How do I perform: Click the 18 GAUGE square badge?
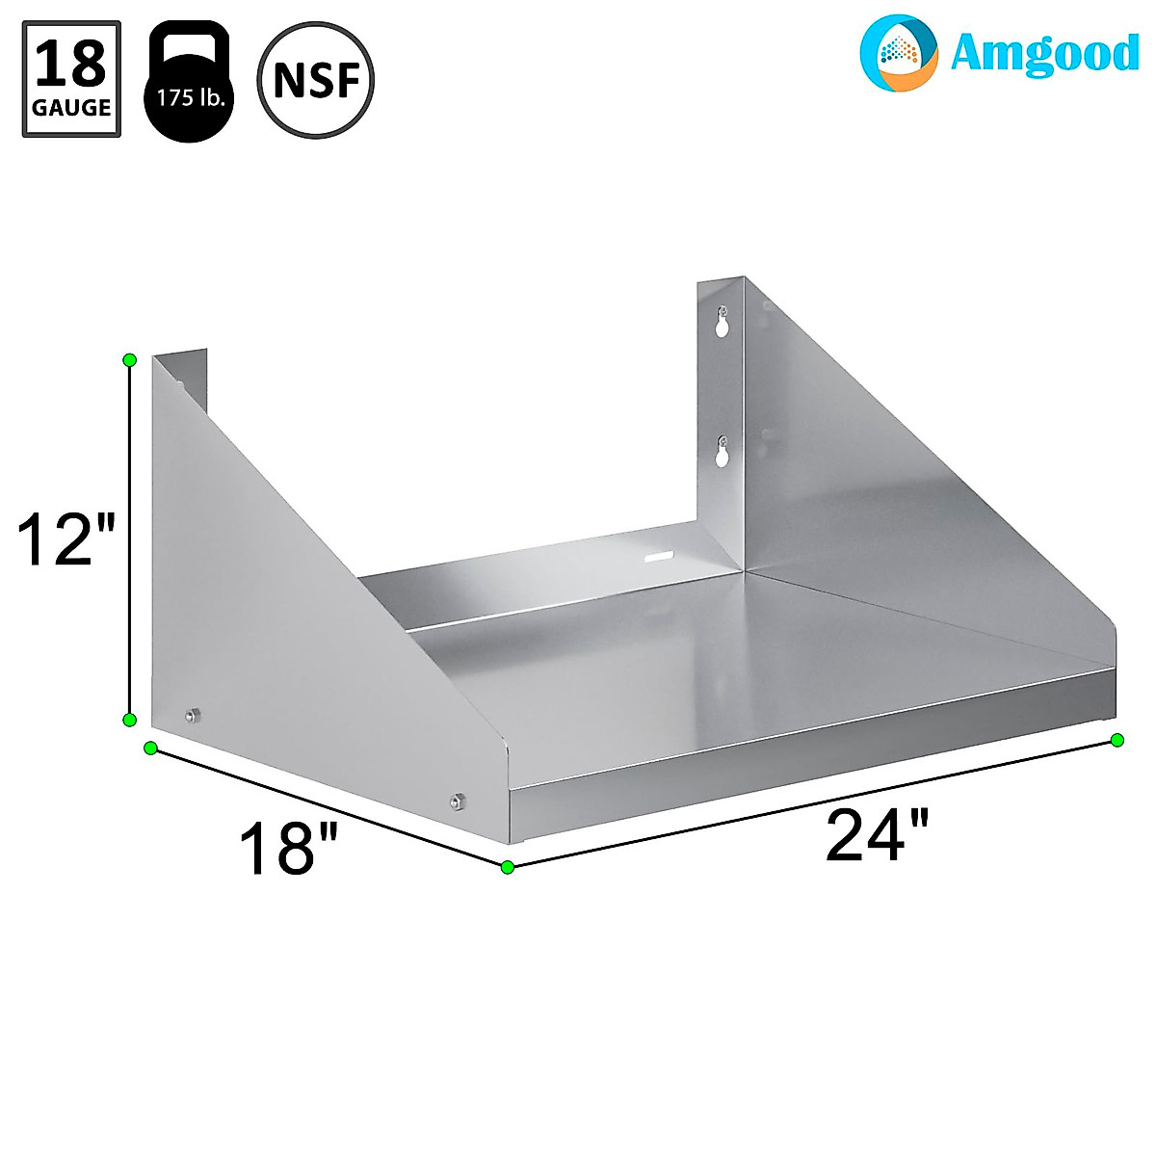tap(72, 79)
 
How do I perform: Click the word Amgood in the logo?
tap(1043, 54)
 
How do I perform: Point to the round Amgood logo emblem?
tap(898, 52)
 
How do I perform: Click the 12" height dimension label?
tap(66, 539)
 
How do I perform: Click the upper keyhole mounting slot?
tap(722, 323)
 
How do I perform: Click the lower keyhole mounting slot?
tap(722, 451)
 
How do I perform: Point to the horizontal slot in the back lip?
tap(659, 557)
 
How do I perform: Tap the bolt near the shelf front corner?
tap(457, 800)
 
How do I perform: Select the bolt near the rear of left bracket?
tap(191, 715)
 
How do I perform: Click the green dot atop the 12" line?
tap(130, 360)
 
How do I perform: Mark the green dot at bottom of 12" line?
tap(130, 720)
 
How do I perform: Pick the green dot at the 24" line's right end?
tap(1117, 740)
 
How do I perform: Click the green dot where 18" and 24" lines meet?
tap(508, 867)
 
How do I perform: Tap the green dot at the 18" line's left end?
tap(150, 748)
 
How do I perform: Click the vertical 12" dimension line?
tap(130, 539)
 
